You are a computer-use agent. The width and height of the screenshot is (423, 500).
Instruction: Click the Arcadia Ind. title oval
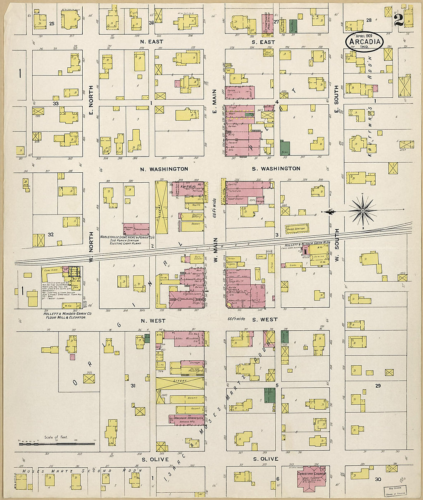click(364, 42)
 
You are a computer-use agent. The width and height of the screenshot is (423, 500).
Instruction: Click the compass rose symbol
click(363, 211)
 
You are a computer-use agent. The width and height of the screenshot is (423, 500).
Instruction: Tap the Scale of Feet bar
click(57, 444)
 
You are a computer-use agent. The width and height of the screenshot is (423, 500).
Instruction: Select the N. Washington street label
click(164, 169)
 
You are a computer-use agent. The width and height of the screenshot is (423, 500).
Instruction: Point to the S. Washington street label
click(276, 168)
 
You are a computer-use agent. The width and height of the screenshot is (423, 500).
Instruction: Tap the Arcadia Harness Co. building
click(187, 420)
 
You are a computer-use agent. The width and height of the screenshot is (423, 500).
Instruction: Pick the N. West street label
click(153, 320)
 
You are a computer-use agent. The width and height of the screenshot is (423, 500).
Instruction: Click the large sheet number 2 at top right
click(398, 19)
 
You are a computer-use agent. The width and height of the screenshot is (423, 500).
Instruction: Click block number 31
click(133, 386)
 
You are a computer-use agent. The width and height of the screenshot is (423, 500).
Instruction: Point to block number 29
click(378, 385)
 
